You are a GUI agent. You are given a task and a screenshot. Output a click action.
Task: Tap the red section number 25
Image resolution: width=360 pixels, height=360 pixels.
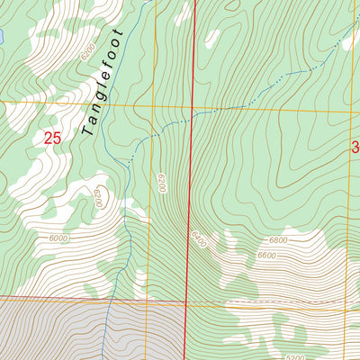(x=53, y=138)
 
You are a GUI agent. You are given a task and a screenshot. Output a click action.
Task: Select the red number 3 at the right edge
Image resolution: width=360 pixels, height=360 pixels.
(x=355, y=147)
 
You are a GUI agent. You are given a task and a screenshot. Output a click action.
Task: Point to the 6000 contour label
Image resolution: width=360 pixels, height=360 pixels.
(x=59, y=238)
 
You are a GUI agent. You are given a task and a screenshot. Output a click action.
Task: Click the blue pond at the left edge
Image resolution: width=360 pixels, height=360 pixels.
(x=2, y=38)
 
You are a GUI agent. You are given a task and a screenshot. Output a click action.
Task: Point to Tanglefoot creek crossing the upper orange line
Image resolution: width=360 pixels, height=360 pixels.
(x=126, y=104)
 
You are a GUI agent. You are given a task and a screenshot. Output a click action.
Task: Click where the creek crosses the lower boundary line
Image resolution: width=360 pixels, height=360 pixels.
(x=110, y=299)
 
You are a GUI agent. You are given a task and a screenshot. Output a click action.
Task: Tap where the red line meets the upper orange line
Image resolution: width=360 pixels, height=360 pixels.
(x=193, y=108)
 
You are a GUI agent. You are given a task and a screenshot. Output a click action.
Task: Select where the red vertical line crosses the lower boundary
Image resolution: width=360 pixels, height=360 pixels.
(x=187, y=301)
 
